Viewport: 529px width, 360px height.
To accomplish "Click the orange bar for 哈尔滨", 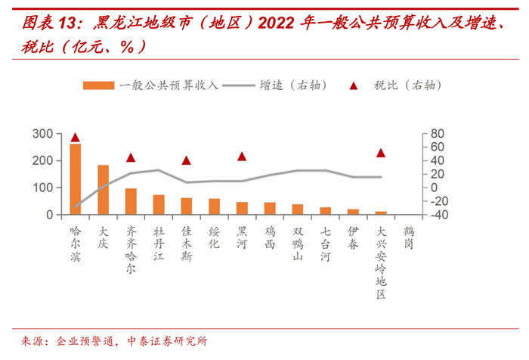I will [x=75, y=179].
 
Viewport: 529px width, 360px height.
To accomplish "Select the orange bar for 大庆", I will [x=103, y=190].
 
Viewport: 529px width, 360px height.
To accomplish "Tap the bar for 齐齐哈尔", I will [x=131, y=201].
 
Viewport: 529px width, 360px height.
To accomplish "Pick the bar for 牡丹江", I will [x=159, y=205].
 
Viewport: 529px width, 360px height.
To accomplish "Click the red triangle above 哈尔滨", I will [x=75, y=138].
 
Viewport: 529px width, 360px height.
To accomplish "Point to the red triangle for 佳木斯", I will [x=187, y=160].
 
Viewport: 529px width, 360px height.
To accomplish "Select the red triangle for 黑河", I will [x=242, y=157].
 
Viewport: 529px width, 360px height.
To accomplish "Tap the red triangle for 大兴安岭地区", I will [x=381, y=153].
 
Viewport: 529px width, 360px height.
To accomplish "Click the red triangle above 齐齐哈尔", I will [x=131, y=158].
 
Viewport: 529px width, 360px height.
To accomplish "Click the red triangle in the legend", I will [x=354, y=85].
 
